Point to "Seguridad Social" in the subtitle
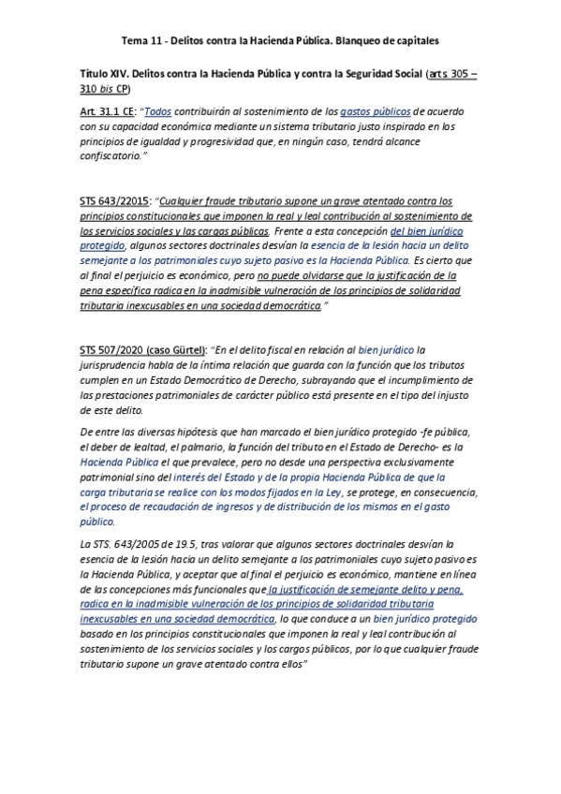[x=374, y=72]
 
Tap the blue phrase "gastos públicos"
[x=375, y=111]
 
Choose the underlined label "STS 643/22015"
[x=114, y=201]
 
